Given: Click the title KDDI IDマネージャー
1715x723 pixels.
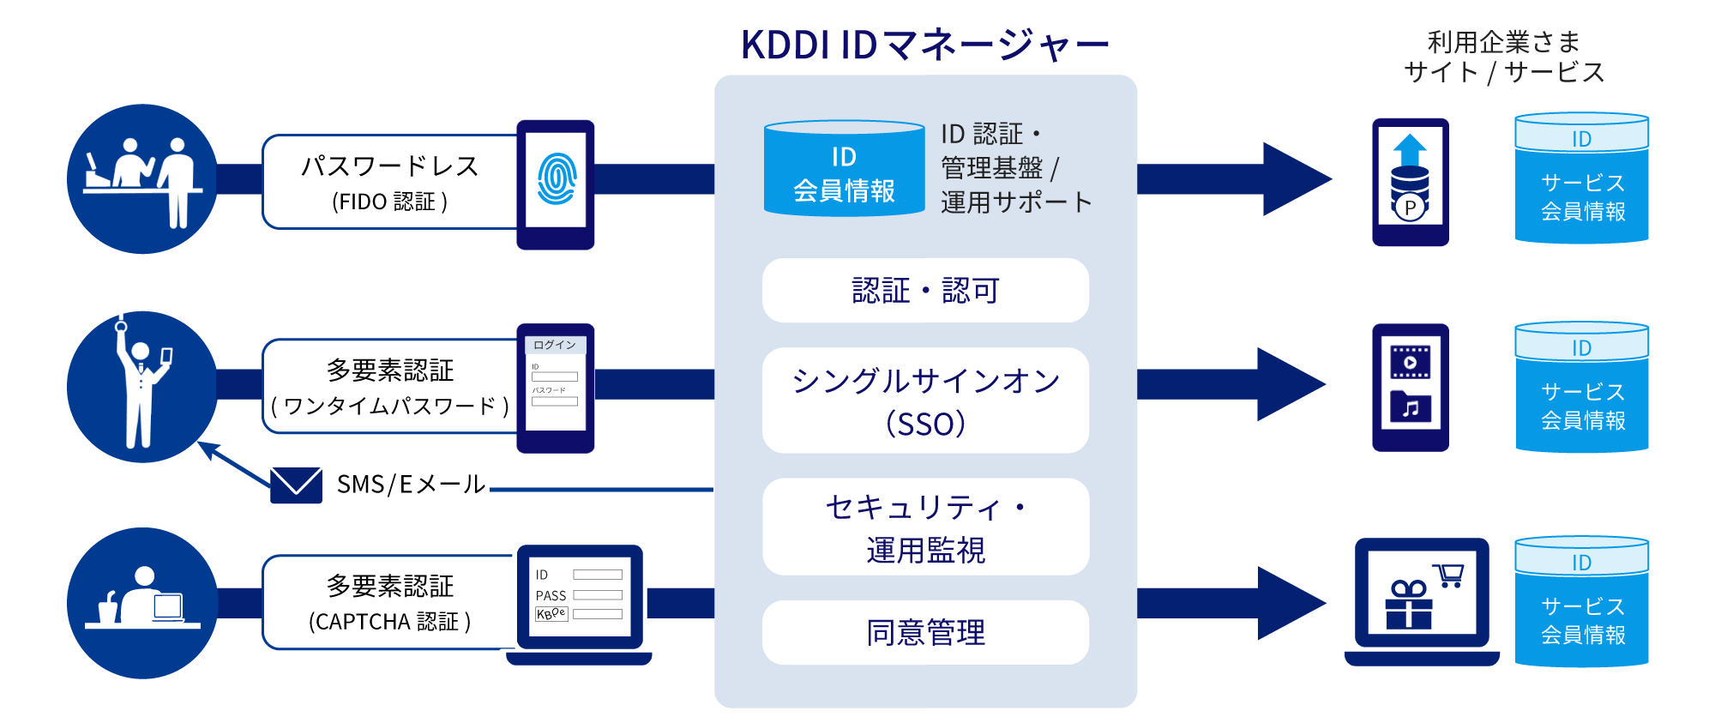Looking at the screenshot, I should [x=924, y=45].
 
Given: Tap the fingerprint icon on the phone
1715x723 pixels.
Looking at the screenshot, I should [x=557, y=178].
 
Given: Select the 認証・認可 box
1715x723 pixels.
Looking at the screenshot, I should [x=925, y=291].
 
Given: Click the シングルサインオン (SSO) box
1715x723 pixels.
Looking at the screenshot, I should [x=925, y=401].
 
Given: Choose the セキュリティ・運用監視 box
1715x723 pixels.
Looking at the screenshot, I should [x=925, y=527].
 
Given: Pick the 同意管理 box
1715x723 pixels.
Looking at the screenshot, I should [x=925, y=633].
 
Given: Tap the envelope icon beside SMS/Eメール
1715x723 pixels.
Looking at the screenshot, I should [x=296, y=485].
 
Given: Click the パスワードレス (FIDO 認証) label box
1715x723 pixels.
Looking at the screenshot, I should [x=389, y=182].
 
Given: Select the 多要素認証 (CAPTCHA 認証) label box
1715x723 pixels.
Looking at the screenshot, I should [x=389, y=602].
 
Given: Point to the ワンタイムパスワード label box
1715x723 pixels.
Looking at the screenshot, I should [x=389, y=387].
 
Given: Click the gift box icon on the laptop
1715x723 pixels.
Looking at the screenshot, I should [x=1408, y=605].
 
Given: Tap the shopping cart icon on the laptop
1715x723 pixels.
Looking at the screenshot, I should [x=1449, y=575].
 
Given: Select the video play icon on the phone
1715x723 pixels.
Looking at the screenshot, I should [x=1411, y=362].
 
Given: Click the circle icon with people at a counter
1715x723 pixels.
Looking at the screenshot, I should [x=142, y=178].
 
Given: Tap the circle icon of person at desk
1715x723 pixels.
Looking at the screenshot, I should [x=142, y=603].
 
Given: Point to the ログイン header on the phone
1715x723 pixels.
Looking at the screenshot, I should [x=555, y=345].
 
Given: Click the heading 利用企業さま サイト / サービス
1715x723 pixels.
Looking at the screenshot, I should [x=1504, y=57].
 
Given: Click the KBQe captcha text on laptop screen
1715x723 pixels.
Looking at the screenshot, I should [x=551, y=614].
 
